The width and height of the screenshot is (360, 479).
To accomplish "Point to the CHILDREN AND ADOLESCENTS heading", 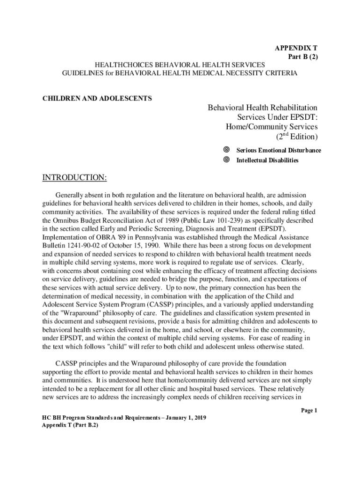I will coord(97,99).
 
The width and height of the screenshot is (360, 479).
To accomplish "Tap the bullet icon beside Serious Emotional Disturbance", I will coord(226,150).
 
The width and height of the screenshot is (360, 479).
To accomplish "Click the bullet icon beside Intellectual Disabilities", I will coord(226,160).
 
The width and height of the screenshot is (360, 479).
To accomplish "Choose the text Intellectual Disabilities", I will coord(267,160).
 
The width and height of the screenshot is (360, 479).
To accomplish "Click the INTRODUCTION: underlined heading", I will coord(75,178).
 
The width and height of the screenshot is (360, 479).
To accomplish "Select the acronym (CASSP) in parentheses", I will coord(170,304).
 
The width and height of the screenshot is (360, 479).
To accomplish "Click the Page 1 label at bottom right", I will coord(309,410).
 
